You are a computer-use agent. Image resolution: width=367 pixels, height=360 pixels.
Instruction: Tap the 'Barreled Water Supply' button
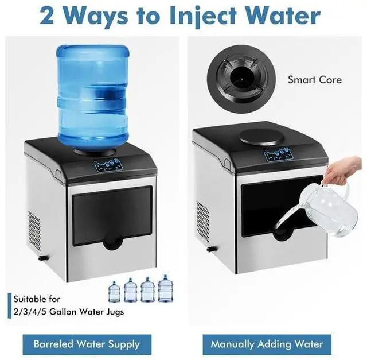pyautogui.click(x=87, y=344)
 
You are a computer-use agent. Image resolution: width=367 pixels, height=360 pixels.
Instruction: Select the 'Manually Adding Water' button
pyautogui.click(x=267, y=344)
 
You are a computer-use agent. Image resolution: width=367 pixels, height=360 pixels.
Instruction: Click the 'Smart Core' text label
pyautogui.click(x=315, y=80)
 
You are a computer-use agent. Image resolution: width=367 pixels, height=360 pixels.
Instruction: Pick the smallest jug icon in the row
pyautogui.click(x=114, y=293)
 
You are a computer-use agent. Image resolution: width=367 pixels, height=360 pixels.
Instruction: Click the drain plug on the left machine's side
pyautogui.click(x=41, y=257)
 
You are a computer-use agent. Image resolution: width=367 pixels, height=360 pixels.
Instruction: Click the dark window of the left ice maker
pyautogui.click(x=112, y=211)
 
